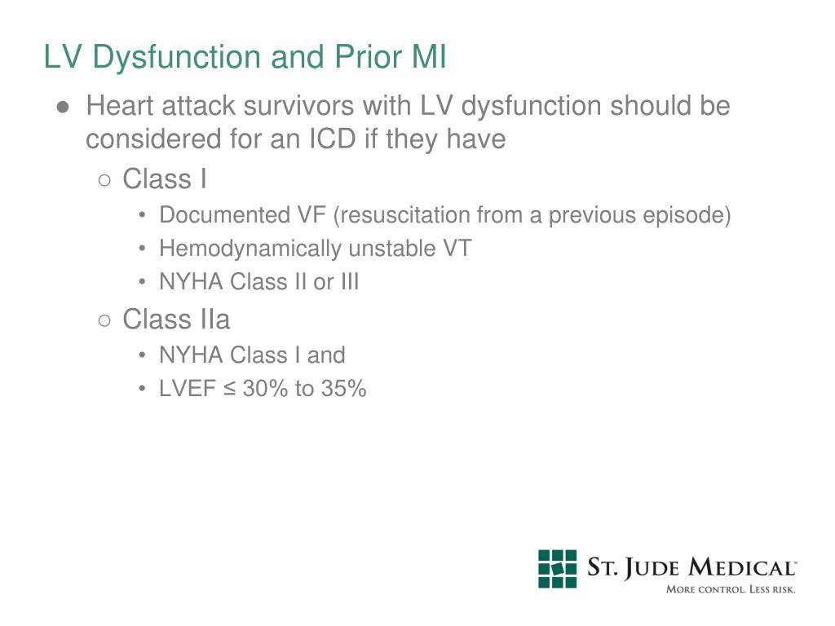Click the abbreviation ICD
coord(331,139)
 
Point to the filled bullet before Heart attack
coord(63,107)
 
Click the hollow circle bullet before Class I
coord(104,179)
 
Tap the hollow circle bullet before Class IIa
coord(104,320)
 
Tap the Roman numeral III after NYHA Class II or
coord(349,282)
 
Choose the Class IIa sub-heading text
coord(176,320)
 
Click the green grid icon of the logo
coord(557,568)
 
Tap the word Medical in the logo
coord(740,568)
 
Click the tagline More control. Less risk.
coord(730,589)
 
